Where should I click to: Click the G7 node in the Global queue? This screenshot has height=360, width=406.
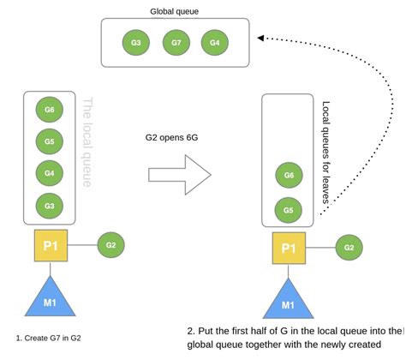[176, 43]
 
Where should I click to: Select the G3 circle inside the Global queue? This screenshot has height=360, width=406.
[136, 43]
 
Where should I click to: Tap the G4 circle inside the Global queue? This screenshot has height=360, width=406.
[214, 43]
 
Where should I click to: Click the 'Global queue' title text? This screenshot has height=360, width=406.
[177, 11]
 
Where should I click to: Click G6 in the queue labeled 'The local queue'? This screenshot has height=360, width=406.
[51, 110]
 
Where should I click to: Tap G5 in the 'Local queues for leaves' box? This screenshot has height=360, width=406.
[289, 210]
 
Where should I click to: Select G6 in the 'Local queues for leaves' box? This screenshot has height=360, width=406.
[289, 176]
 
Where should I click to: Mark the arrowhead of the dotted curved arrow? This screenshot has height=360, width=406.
[262, 39]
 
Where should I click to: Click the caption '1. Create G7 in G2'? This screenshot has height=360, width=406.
[55, 339]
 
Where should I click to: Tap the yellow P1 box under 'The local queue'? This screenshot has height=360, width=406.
[51, 247]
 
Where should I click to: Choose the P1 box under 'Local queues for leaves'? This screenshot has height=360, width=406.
[289, 249]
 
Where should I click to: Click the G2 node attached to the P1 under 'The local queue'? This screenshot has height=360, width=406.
[110, 245]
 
